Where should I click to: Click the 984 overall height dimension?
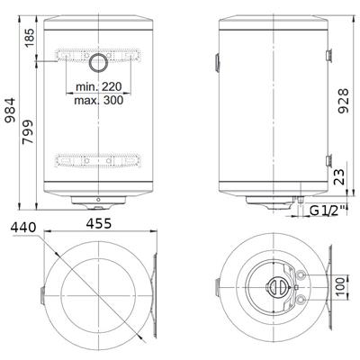[10, 110]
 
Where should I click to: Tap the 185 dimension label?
[30, 37]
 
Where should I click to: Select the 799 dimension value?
[28, 132]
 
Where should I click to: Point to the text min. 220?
[99, 86]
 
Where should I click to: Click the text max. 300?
[99, 100]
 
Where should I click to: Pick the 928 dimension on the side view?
[344, 101]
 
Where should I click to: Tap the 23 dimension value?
[339, 176]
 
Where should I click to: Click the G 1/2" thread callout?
[328, 211]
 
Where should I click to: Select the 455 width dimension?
[99, 223]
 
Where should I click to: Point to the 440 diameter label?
[23, 228]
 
